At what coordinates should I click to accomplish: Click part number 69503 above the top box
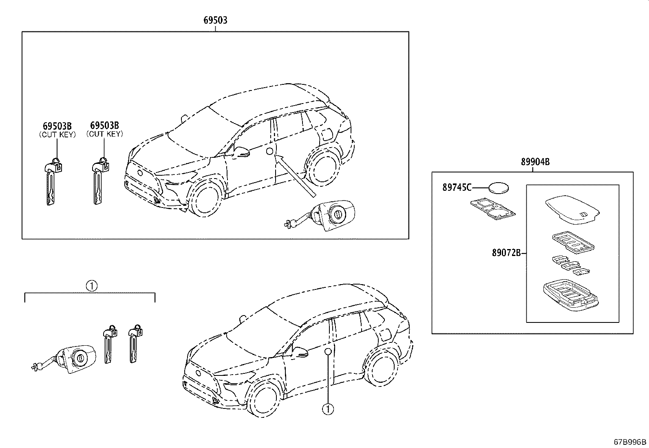[215, 20]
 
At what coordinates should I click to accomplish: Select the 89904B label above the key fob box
[535, 162]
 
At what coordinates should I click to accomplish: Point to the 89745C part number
[457, 188]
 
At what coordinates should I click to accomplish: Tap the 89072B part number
[506, 253]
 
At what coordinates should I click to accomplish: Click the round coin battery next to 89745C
[499, 188]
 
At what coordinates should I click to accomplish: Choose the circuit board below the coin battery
[493, 209]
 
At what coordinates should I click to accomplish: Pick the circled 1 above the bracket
[92, 286]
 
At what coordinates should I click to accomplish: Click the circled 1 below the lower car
[328, 409]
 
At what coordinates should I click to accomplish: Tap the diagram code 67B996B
[630, 442]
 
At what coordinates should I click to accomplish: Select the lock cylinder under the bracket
[64, 359]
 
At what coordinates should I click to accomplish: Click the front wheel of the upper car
[206, 198]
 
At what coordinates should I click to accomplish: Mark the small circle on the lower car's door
[328, 351]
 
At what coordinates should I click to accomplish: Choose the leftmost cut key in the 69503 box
[53, 181]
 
